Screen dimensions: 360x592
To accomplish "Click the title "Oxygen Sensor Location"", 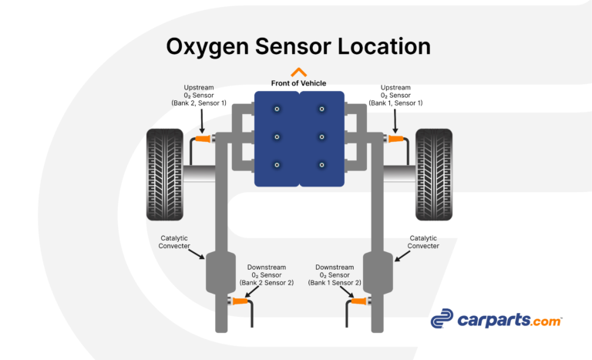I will [x=298, y=45].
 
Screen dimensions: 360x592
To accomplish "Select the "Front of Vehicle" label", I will [x=298, y=83].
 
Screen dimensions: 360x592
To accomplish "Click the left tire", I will [x=166, y=174].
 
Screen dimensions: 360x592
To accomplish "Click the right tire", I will [x=434, y=174].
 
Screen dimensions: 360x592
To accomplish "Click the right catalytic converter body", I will [x=378, y=272].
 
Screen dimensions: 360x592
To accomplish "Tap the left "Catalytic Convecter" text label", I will [x=174, y=241].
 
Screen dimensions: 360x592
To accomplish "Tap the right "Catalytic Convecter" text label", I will [x=424, y=241].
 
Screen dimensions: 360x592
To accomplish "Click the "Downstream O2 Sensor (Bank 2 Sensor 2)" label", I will [x=266, y=274].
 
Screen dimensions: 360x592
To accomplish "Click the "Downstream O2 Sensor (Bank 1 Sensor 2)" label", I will [x=335, y=274].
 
